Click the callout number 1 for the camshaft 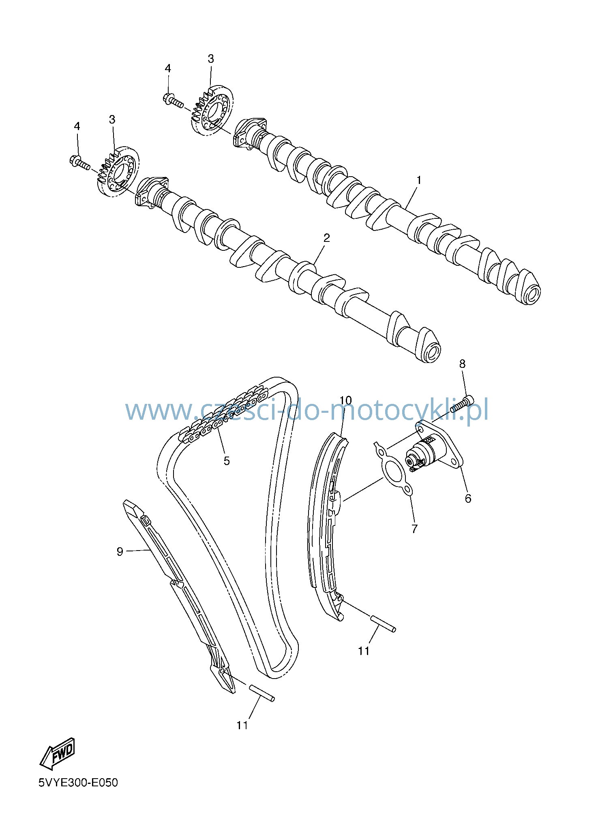(x=419, y=180)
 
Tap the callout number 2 (x=326, y=238)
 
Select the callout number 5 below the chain (x=227, y=461)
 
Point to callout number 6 (x=468, y=498)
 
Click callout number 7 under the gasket (x=414, y=529)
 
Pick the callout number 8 (x=463, y=364)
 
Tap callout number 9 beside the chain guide (x=120, y=552)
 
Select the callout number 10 (x=345, y=401)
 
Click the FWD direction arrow (x=57, y=754)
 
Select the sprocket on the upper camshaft (x=212, y=110)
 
